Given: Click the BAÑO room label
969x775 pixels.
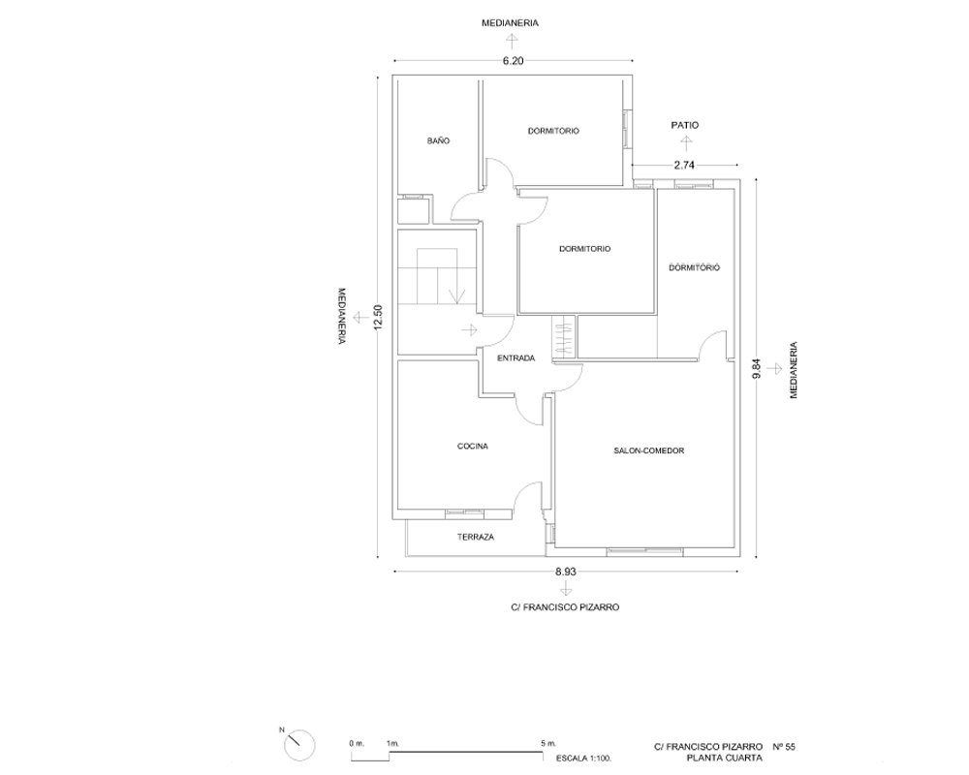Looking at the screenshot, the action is coord(438,140).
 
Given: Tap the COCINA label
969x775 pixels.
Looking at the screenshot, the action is coord(473,447).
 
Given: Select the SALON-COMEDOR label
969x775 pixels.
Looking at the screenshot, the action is coord(649,451).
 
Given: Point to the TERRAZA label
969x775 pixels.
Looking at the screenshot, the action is coord(476,538).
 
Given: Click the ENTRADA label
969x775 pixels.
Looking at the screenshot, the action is coord(516,358).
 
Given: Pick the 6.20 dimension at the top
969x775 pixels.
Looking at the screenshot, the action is coord(513,61).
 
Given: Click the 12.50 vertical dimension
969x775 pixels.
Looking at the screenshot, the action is coord(379,317).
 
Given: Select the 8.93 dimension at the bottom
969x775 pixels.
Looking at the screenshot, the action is coord(566,572).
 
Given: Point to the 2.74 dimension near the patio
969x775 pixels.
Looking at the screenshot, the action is coord(685,165).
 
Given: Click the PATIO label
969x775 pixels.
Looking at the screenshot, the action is coord(685,126).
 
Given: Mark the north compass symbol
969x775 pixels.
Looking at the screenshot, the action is coord(299,745).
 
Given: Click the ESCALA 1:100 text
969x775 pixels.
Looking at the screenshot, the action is coord(584,758).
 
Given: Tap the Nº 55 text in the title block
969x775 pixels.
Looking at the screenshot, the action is coord(784,747).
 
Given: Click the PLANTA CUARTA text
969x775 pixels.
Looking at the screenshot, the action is coord(724,758).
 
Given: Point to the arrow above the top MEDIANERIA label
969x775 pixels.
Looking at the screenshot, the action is coord(511,42).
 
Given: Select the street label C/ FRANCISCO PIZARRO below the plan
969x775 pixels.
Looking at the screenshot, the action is coord(566,607).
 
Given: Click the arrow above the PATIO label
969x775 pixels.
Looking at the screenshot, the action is coord(685,143).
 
